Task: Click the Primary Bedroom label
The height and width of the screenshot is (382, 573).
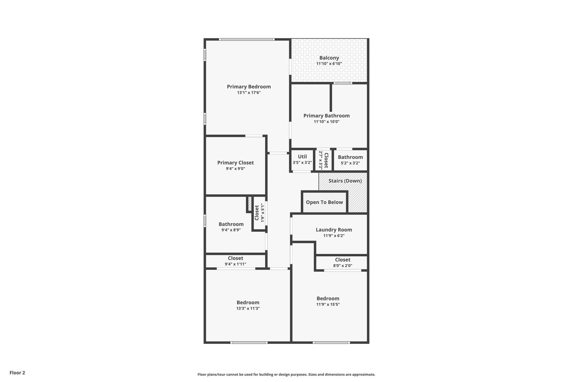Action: (249, 87)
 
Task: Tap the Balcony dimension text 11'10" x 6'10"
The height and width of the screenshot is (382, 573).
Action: (329, 64)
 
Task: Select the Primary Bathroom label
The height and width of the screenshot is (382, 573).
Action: (326, 116)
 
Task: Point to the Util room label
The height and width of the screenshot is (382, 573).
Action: (302, 156)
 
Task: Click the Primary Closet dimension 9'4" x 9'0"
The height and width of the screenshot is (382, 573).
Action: (235, 169)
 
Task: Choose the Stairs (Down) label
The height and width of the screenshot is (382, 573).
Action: (345, 181)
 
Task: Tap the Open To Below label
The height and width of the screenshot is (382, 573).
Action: (324, 202)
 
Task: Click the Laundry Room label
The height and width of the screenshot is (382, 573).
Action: (334, 229)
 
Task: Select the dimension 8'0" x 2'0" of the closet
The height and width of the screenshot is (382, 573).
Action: (342, 266)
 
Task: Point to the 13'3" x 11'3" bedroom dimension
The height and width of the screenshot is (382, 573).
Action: (248, 308)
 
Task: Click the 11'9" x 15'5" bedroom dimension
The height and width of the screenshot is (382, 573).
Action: (328, 304)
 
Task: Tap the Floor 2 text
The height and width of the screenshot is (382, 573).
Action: (18, 373)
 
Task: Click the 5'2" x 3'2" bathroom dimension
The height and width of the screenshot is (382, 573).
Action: (350, 163)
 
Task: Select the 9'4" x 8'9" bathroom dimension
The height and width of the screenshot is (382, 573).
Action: (231, 230)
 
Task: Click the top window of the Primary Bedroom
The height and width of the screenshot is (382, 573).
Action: (247, 39)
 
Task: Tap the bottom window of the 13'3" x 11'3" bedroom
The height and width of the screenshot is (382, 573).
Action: (249, 343)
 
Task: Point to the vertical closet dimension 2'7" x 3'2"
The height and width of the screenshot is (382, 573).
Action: (321, 160)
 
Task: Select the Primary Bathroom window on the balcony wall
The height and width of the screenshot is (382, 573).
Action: (342, 83)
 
